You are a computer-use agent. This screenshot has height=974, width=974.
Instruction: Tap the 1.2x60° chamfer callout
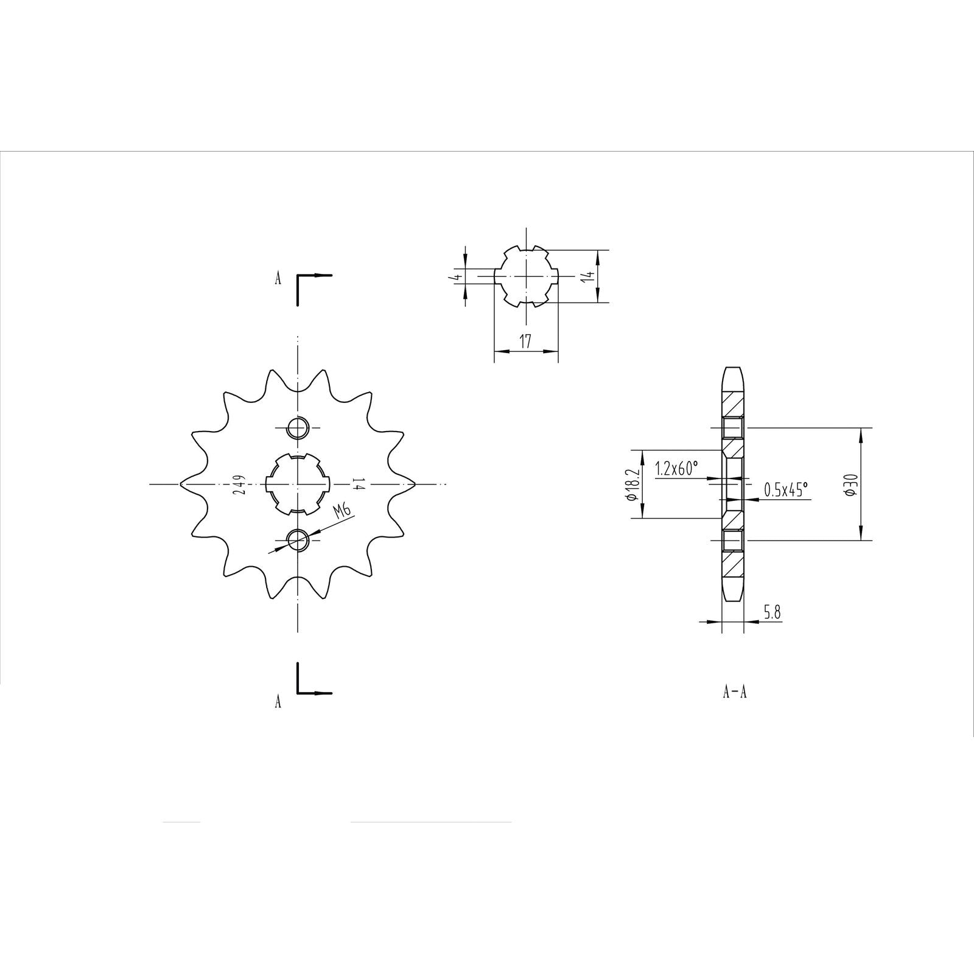(676, 469)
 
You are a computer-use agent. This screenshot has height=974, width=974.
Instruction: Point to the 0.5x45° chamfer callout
(785, 489)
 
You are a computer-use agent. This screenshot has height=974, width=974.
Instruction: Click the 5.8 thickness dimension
(772, 613)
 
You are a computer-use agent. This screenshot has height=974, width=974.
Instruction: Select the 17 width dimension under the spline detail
(525, 342)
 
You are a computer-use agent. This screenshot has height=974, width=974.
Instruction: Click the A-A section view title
(734, 692)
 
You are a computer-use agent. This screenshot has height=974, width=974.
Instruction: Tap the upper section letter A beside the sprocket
(278, 279)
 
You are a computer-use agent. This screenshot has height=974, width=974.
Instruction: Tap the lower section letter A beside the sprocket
(278, 702)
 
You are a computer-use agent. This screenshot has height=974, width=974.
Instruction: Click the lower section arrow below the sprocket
(314, 692)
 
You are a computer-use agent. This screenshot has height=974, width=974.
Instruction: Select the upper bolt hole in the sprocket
(298, 429)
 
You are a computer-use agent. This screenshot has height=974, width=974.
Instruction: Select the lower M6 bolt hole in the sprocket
(298, 539)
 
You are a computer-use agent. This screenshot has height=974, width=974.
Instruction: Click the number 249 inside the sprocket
(240, 485)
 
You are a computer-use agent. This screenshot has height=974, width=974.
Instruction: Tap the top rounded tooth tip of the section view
(733, 369)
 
